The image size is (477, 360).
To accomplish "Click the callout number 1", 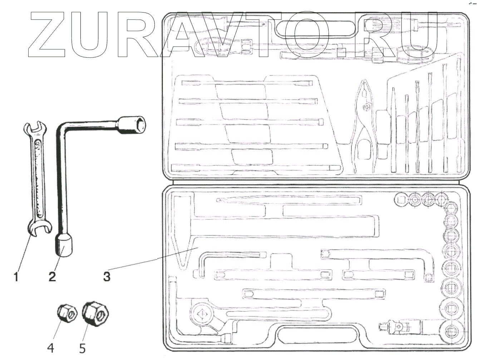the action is (x=16, y=277).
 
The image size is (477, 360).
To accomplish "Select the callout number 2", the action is (x=53, y=277).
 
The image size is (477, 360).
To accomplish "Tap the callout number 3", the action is (x=107, y=277).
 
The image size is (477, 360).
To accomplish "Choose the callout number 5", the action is (x=83, y=347).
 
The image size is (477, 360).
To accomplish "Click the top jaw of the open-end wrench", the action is (x=35, y=128).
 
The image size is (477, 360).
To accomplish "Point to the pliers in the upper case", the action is (x=365, y=118).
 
